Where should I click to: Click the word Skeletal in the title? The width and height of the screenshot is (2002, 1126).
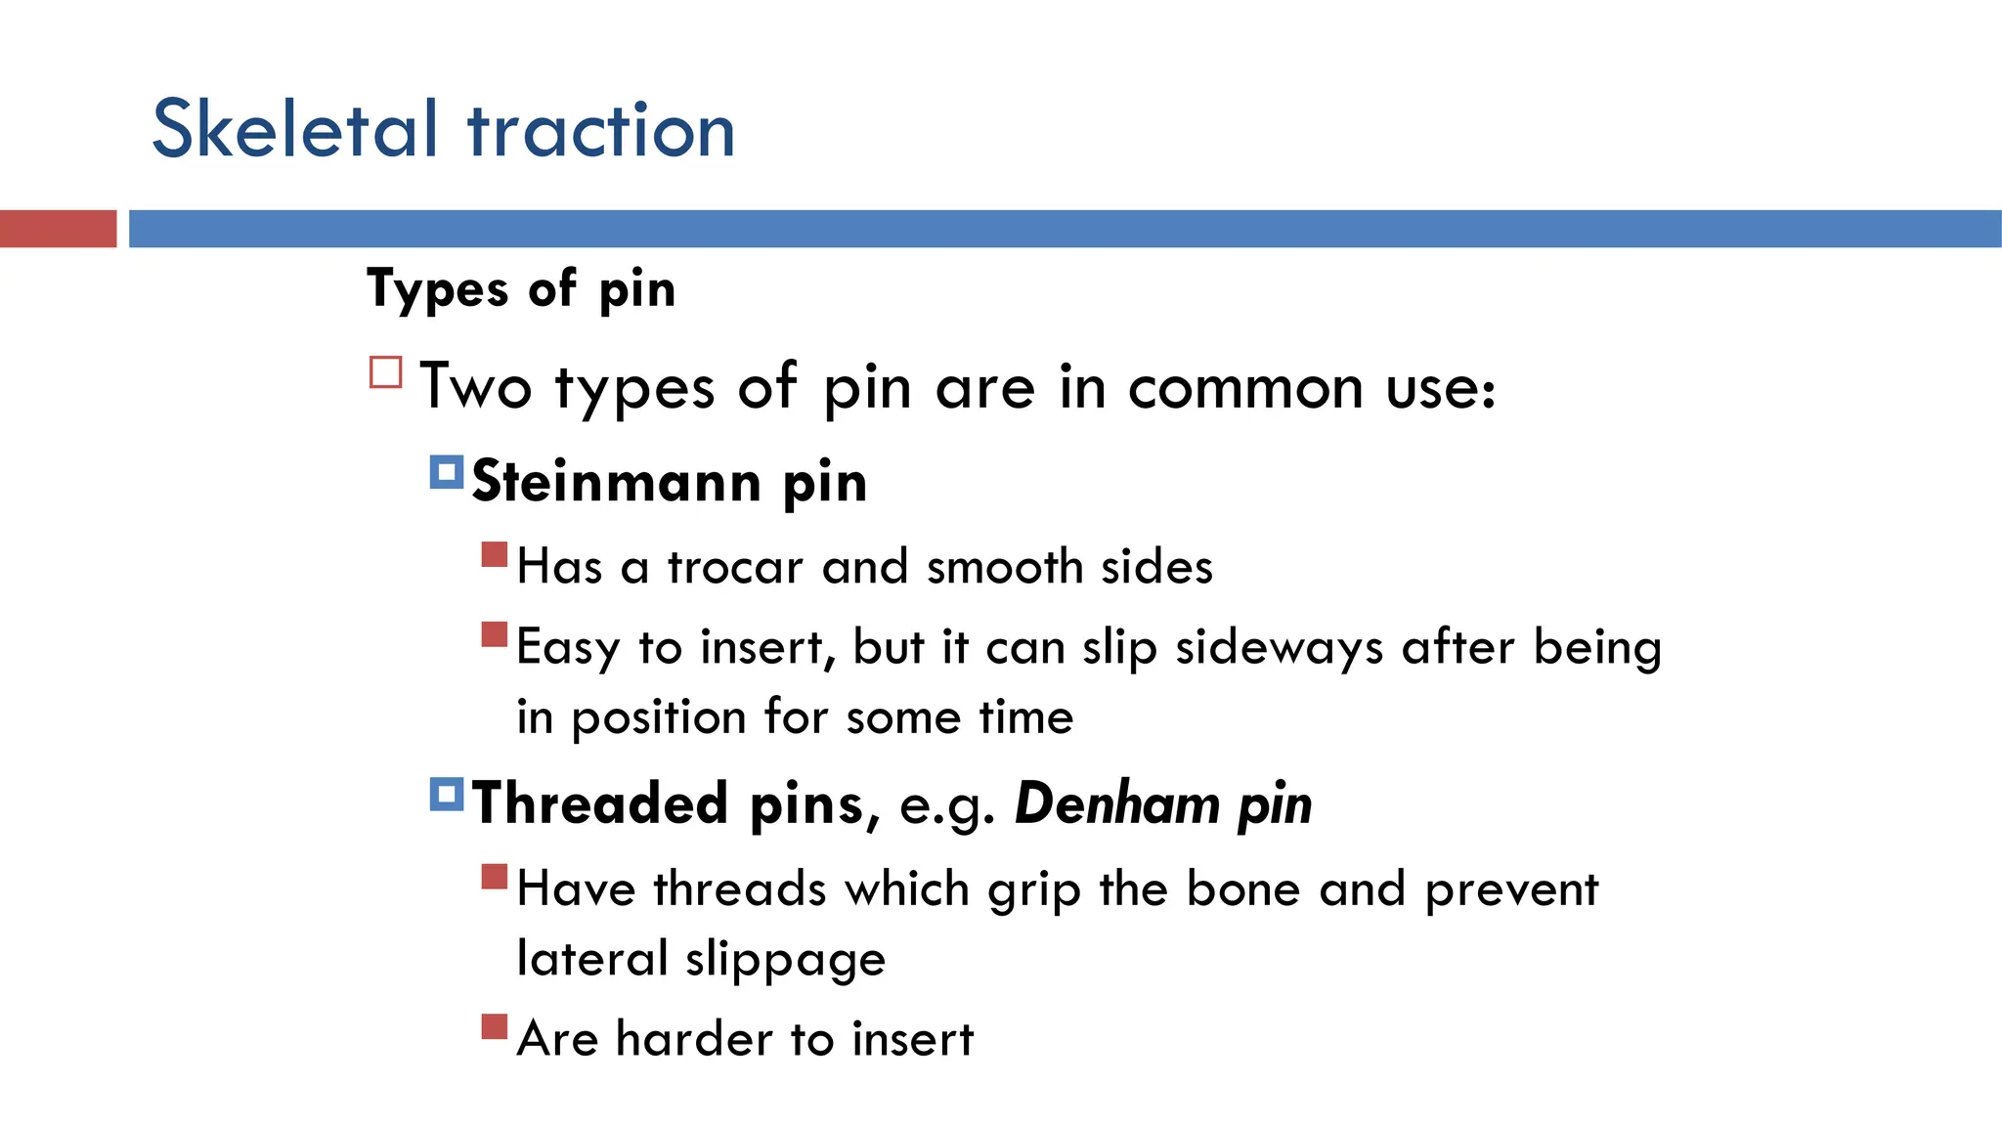point(294,130)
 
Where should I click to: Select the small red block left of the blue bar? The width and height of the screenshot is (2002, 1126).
point(58,229)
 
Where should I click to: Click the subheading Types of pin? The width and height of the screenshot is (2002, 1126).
point(521,289)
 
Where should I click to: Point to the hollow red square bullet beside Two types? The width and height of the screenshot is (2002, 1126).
point(386,372)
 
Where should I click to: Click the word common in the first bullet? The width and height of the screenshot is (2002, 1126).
point(1244,388)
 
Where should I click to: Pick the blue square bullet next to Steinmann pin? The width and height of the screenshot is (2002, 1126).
point(446,473)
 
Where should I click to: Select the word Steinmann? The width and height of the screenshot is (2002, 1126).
point(617,482)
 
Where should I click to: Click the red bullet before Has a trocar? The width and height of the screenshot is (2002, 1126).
point(495,555)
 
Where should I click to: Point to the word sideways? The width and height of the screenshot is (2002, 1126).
point(1279,647)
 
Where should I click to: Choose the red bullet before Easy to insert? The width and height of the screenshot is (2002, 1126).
point(495,635)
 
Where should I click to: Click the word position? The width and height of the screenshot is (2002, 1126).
point(659,718)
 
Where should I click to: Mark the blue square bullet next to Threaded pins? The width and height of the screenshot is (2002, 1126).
point(446,795)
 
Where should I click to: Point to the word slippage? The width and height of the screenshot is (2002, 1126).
point(785,960)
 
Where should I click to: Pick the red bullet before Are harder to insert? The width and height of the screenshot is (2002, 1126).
point(495,1027)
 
